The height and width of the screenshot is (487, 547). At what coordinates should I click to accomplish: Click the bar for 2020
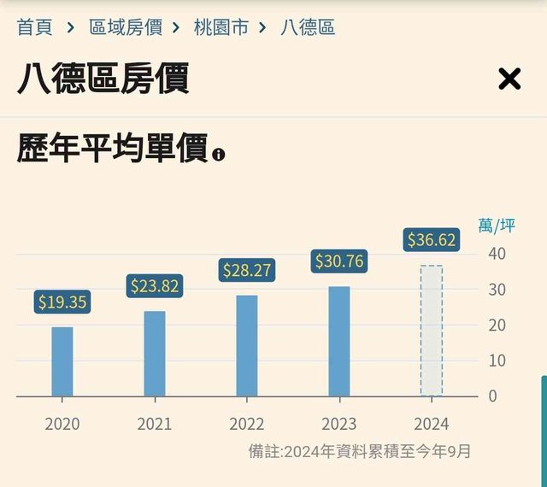[x=62, y=361]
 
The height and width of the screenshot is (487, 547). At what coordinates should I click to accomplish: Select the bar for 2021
[x=155, y=354]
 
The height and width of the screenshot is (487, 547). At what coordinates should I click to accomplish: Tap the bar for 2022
[x=247, y=346]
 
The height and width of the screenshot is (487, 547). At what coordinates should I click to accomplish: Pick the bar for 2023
[x=339, y=341]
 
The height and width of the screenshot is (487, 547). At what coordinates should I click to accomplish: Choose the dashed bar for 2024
[x=432, y=331]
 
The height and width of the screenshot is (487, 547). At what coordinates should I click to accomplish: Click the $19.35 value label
[x=62, y=302]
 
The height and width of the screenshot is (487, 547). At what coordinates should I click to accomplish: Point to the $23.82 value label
[x=154, y=286]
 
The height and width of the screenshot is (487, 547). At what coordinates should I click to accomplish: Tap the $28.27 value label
[x=247, y=270]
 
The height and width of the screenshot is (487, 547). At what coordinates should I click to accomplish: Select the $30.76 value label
[x=339, y=261]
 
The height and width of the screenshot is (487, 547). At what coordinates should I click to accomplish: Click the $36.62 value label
[x=432, y=240]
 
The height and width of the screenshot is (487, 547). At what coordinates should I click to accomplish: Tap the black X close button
[x=509, y=79]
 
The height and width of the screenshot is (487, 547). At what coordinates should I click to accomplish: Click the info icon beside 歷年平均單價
[x=220, y=155]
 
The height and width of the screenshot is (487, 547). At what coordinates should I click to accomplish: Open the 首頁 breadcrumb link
[x=35, y=26]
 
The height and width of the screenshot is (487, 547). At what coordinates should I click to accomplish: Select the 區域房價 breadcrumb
[x=125, y=26]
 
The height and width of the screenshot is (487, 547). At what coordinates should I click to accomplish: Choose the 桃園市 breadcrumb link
[x=221, y=26]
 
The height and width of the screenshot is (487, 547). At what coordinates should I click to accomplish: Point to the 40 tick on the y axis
[x=497, y=254]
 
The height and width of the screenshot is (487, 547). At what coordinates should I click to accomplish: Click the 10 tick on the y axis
[x=497, y=361]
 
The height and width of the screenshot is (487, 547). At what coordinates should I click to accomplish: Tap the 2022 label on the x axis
[x=247, y=424]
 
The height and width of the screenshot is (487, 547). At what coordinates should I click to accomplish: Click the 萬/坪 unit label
[x=497, y=226]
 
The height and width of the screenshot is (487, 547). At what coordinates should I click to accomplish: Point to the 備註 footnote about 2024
[x=360, y=450]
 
